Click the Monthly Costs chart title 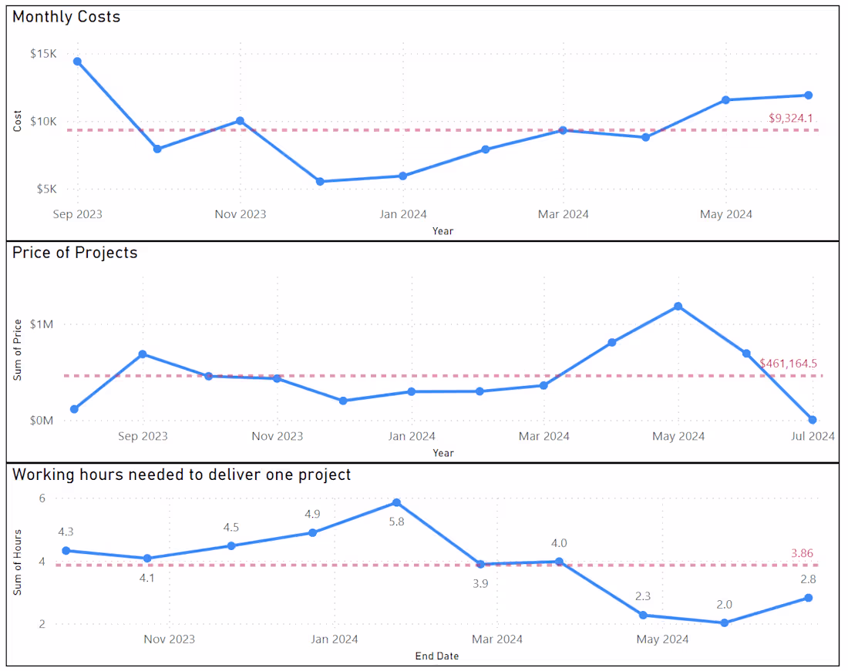[66, 16]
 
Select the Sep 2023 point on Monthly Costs [77, 62]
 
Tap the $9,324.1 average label [791, 118]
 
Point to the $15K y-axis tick [43, 54]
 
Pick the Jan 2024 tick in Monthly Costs [402, 214]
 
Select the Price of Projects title [75, 253]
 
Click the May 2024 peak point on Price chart [678, 307]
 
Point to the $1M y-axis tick [42, 324]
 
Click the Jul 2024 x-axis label [812, 436]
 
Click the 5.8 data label [396, 521]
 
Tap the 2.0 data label [724, 605]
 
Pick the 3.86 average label [802, 553]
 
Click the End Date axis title [436, 656]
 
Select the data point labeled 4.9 [313, 532]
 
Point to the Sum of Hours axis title [18, 562]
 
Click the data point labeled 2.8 [809, 598]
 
